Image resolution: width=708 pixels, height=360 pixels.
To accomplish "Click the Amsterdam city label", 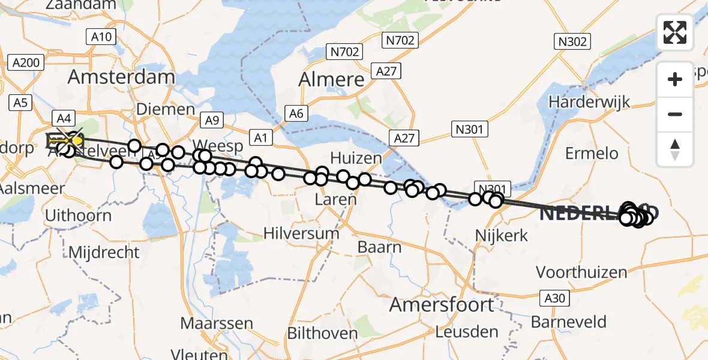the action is [121, 77].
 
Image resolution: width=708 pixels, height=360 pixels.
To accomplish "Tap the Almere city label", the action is [331, 79].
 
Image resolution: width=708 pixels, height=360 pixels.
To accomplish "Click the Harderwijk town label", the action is [589, 101].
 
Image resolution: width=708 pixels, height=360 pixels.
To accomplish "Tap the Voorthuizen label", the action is [581, 272].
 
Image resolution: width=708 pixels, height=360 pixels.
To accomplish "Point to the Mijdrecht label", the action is [104, 252].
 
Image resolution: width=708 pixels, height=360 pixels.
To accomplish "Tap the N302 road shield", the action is [572, 41].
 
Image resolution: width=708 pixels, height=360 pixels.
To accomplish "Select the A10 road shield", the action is [101, 37].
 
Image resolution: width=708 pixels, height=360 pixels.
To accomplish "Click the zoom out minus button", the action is [675, 114].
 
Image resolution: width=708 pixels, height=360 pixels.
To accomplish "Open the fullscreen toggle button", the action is [675, 32].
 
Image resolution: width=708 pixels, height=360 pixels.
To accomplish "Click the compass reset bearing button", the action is [675, 149].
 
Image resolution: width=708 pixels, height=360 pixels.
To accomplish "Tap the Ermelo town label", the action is [592, 154].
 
